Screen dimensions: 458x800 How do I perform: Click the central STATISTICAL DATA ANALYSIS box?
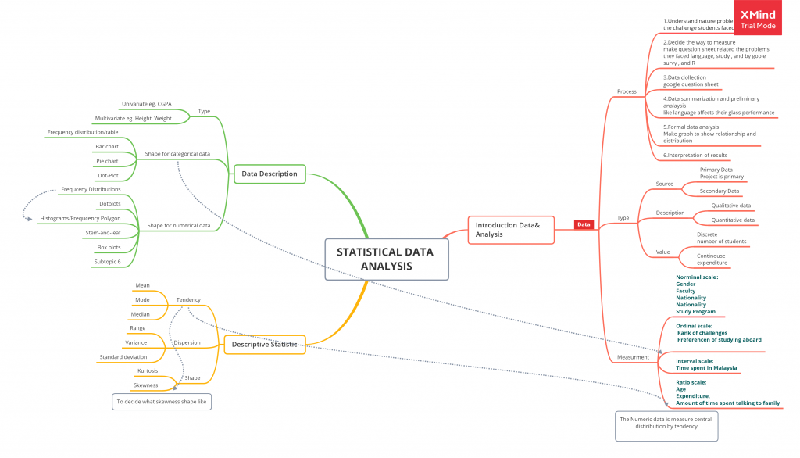[386, 259]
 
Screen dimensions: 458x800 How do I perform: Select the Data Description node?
[269, 174]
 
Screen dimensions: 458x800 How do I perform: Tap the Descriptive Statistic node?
[264, 344]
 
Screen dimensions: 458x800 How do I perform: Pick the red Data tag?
[584, 224]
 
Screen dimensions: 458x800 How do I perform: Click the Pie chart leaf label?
[107, 161]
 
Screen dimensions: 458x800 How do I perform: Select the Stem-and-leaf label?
[102, 233]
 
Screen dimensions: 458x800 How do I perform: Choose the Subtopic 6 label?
[108, 262]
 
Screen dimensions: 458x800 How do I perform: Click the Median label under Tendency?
[141, 314]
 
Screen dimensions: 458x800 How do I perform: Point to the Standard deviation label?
[123, 356]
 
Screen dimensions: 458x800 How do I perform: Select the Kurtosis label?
[148, 370]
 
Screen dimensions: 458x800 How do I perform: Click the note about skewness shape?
[162, 402]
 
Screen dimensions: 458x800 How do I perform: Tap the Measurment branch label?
[633, 357]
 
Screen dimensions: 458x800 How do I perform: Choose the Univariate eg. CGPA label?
[146, 103]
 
